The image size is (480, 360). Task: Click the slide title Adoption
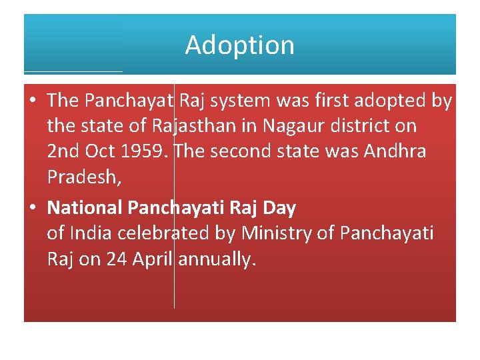click(239, 45)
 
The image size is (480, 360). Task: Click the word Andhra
click(395, 151)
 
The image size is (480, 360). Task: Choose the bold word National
click(85, 208)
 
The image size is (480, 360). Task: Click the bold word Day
click(279, 208)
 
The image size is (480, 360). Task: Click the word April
click(154, 259)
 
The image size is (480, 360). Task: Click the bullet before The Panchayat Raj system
click(33, 101)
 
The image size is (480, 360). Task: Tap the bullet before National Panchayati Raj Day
click(33, 209)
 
